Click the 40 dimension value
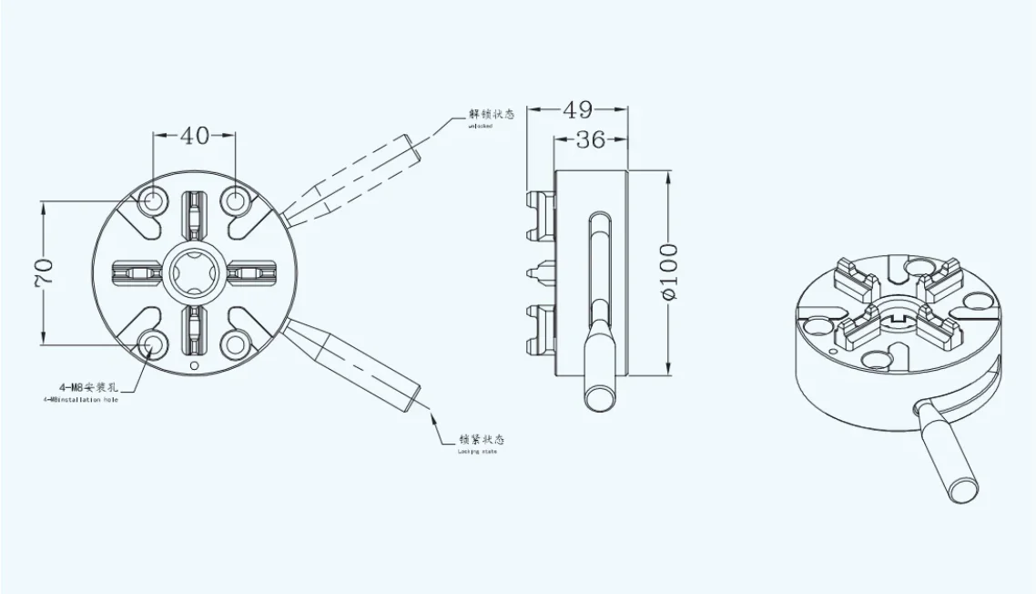click(x=194, y=136)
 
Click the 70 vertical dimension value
click(x=44, y=272)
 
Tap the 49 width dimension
click(x=577, y=110)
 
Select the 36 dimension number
click(x=591, y=140)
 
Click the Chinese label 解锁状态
click(x=492, y=115)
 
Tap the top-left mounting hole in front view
click(x=153, y=200)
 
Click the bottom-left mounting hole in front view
click(x=153, y=344)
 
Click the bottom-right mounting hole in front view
click(x=235, y=344)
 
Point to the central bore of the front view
click(x=194, y=272)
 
